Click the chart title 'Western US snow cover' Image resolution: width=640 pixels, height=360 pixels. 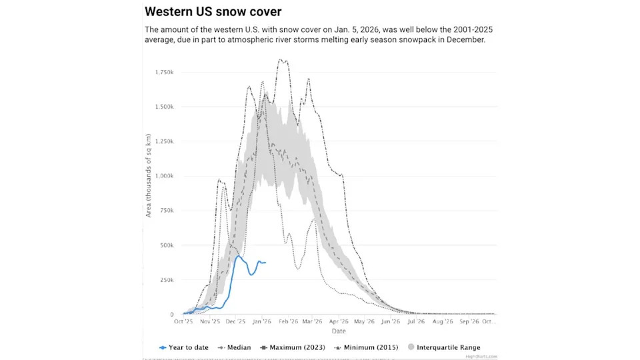pyautogui.click(x=213, y=12)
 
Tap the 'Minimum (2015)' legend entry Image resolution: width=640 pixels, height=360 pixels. pyautogui.click(x=366, y=347)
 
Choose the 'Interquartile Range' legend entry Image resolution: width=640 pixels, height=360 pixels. pyautogui.click(x=445, y=347)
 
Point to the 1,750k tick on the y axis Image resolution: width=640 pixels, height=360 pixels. pyautogui.click(x=165, y=72)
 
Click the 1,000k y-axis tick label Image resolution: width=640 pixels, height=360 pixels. pyautogui.click(x=165, y=176)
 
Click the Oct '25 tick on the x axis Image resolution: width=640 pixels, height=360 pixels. pyautogui.click(x=183, y=321)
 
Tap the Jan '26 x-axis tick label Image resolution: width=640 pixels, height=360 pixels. pyautogui.click(x=262, y=321)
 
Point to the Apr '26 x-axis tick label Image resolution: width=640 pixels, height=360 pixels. pyautogui.click(x=339, y=321)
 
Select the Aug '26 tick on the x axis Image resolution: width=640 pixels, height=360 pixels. pyautogui.click(x=443, y=321)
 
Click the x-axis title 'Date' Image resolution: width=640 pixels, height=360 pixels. pyautogui.click(x=339, y=331)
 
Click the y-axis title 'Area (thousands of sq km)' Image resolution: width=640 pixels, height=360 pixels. pyautogui.click(x=149, y=176)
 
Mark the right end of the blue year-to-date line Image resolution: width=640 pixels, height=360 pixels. pyautogui.click(x=266, y=263)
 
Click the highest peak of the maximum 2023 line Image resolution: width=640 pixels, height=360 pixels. pyautogui.click(x=281, y=60)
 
